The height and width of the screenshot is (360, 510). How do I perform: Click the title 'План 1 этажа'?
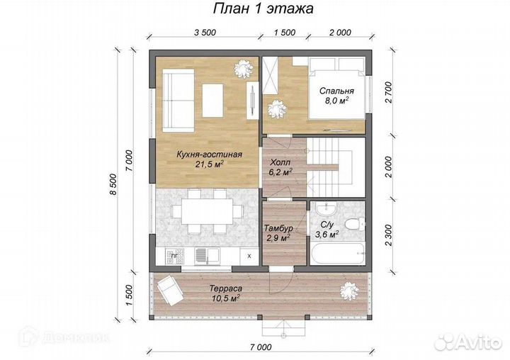pyautogui.click(x=263, y=9)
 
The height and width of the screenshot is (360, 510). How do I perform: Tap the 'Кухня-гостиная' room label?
pyautogui.click(x=209, y=154)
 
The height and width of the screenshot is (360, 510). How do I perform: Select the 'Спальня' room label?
pyautogui.click(x=336, y=91)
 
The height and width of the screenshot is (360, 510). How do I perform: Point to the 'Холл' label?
pyautogui.click(x=280, y=162)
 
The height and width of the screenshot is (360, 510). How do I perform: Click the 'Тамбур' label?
pyautogui.click(x=278, y=228)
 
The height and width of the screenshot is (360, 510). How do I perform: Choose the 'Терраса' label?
pyautogui.click(x=226, y=288)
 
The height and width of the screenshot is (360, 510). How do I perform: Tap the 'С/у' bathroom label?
pyautogui.click(x=327, y=225)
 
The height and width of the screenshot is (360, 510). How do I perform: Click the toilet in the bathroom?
pyautogui.click(x=355, y=225)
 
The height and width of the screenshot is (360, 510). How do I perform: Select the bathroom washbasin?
pyautogui.click(x=327, y=208)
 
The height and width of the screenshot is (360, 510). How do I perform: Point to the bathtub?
pyautogui.click(x=337, y=253)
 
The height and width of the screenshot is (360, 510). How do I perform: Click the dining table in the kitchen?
pyautogui.click(x=207, y=211)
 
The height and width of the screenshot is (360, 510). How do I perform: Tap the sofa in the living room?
pyautogui.click(x=178, y=101)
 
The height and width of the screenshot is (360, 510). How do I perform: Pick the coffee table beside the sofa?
pyautogui.click(x=212, y=100)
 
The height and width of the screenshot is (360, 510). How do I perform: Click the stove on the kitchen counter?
pyautogui.click(x=175, y=257)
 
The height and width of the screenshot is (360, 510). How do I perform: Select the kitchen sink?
pyautogui.click(x=207, y=256)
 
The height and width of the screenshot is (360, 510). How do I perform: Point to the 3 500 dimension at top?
pyautogui.click(x=205, y=33)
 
